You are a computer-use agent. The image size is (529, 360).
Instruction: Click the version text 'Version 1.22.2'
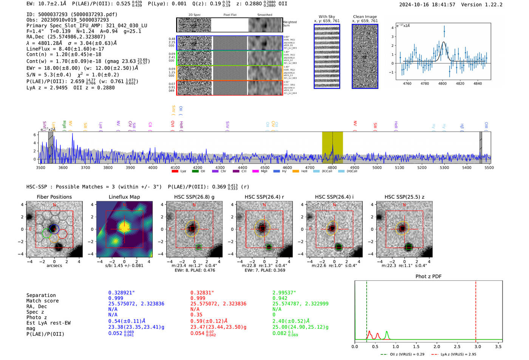pos(482,5)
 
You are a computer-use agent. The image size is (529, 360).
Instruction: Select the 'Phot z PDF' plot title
pos(428,277)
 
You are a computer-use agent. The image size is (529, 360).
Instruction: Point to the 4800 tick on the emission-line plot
pos(442,83)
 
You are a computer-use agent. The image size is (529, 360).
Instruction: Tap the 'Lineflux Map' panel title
pos(124,197)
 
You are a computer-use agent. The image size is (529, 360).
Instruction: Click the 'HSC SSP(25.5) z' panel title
pos(404,197)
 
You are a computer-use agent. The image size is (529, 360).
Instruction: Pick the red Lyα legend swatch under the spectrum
pos(175,172)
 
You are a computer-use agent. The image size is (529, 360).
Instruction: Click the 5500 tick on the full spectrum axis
pos(489,168)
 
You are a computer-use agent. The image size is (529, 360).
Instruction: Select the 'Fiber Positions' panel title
pos(54,197)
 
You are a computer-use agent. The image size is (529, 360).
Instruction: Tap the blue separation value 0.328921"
pos(121,293)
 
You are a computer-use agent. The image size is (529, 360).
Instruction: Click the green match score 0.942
pos(280,298)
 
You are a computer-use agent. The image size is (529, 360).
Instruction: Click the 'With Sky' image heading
pos(327,17)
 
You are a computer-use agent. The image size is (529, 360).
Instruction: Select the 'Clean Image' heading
pos(365,17)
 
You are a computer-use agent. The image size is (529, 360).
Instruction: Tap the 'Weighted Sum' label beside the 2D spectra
pos(290,23)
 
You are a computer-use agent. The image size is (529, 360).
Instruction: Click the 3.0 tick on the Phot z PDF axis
pos(478,346)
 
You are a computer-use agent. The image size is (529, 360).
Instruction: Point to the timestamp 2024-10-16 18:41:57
pos(427,5)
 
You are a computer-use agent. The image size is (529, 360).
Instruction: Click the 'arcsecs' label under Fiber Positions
pos(54,266)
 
